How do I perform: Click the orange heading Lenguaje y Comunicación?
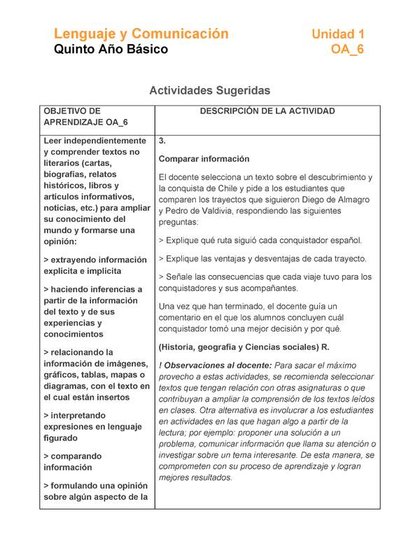point(141,34)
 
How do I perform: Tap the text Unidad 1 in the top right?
point(337,34)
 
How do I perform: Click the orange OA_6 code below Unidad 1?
point(347,50)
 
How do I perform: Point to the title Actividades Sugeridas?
point(210,90)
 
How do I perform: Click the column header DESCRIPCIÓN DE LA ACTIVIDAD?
point(267,111)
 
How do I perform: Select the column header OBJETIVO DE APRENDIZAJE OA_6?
point(85,116)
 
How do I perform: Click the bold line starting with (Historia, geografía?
point(244,347)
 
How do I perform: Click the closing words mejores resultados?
point(195,477)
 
